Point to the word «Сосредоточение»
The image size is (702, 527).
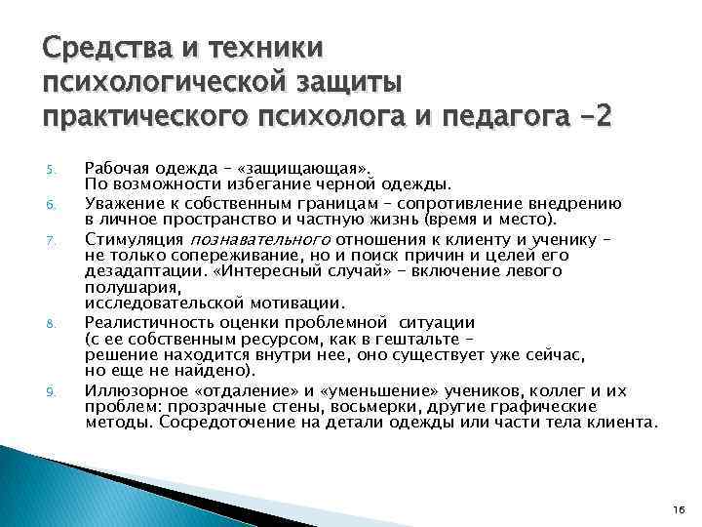234,424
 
